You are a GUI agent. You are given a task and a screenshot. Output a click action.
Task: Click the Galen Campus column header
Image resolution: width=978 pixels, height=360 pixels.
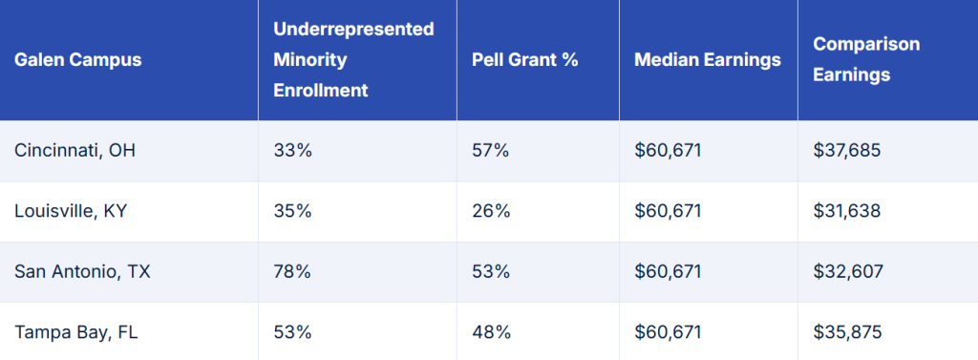(78, 60)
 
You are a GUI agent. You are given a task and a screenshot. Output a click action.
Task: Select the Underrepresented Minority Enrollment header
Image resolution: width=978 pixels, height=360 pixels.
(353, 60)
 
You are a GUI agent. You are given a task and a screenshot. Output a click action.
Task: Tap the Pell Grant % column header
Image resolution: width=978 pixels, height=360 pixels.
(525, 60)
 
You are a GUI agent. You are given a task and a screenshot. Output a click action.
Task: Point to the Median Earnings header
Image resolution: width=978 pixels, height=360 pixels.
(707, 60)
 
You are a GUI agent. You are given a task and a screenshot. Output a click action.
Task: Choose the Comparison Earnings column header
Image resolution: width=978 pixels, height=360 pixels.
(853, 60)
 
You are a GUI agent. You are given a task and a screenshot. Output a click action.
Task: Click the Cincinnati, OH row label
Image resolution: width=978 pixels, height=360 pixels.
(69, 151)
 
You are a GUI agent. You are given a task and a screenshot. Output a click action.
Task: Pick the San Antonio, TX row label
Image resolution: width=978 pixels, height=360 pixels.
(82, 271)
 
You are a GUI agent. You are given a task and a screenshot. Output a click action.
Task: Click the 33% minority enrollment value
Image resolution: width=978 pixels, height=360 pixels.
(292, 151)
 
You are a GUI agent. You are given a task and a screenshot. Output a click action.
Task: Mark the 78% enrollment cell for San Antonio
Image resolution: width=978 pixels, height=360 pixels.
(292, 271)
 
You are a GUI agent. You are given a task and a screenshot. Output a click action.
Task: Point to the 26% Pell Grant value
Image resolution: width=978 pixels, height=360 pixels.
(491, 211)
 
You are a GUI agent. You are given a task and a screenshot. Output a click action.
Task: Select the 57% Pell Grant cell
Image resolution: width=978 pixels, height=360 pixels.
(491, 151)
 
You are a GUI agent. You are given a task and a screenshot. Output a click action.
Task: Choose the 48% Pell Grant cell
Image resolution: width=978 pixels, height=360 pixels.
(491, 332)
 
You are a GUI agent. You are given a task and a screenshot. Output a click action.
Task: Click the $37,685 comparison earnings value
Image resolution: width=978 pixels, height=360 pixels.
(846, 151)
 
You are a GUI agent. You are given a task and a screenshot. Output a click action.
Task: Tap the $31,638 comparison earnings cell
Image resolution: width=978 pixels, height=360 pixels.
(846, 211)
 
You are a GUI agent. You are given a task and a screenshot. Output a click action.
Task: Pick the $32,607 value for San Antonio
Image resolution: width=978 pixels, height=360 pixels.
(846, 271)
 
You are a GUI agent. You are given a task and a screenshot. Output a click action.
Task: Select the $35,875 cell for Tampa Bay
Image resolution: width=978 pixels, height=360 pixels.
(846, 332)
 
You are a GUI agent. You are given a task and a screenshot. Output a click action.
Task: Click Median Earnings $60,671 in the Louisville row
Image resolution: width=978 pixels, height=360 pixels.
(668, 211)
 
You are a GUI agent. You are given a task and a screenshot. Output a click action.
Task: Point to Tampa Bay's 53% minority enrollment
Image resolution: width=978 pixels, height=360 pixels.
(292, 332)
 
